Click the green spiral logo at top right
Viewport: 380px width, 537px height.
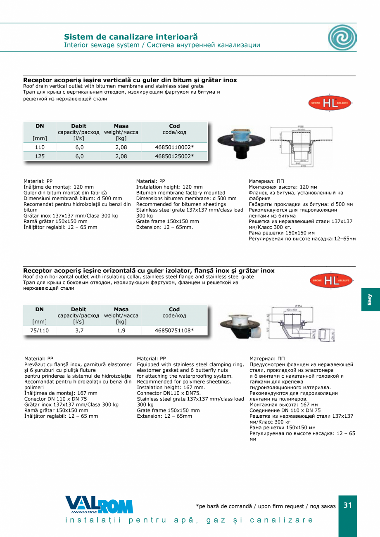coord(342,38)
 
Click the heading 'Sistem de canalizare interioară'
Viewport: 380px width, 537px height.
coord(131,37)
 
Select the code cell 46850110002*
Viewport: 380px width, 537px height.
coord(174,147)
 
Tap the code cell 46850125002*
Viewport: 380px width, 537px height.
coord(174,156)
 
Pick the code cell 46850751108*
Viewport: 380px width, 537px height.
coord(174,330)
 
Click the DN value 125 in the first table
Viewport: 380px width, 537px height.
coord(40,156)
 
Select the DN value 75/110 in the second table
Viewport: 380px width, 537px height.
coord(40,330)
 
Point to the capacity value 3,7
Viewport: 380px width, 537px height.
coord(79,330)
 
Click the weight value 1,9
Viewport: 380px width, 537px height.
coord(121,330)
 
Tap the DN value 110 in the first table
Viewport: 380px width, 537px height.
coord(40,147)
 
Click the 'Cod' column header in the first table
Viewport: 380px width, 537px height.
coord(174,126)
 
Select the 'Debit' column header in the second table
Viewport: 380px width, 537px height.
coord(78,309)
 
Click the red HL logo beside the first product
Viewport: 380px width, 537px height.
coord(329,104)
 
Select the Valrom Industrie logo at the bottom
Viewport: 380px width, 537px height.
coord(99,505)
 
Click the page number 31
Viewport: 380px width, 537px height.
coord(348,505)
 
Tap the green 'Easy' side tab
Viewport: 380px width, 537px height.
coord(370,300)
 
